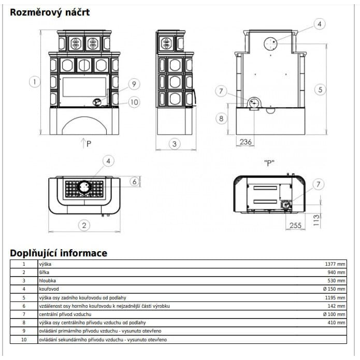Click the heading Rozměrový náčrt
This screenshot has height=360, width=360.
pyautogui.click(x=50, y=12)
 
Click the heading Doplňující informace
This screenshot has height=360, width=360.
pyautogui.click(x=59, y=253)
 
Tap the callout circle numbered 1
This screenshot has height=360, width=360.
pyautogui.click(x=35, y=81)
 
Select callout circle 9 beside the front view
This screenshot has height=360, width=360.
pyautogui.click(x=134, y=84)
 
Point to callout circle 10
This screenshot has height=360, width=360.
pyautogui.click(x=134, y=102)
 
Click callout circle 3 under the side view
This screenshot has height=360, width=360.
pyautogui.click(x=175, y=144)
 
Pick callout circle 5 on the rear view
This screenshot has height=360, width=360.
pyautogui.click(x=320, y=89)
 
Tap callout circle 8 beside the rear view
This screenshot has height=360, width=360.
pyautogui.click(x=221, y=119)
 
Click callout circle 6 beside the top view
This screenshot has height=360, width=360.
pyautogui.click(x=135, y=182)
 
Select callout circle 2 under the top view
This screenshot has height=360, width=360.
pyautogui.click(x=84, y=225)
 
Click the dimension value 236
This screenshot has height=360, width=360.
pyautogui.click(x=246, y=142)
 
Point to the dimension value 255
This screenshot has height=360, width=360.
pyautogui.click(x=295, y=225)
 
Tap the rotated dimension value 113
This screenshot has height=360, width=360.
pyautogui.click(x=316, y=220)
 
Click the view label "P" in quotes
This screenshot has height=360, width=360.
pyautogui.click(x=269, y=163)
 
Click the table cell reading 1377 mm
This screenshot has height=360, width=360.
pyautogui.click(x=335, y=264)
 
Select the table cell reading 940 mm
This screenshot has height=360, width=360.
pyautogui.click(x=336, y=272)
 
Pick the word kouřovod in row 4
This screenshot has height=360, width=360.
pyautogui.click(x=49, y=289)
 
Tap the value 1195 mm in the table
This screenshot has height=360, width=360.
pyautogui.click(x=335, y=298)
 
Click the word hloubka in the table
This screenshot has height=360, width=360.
pyautogui.click(x=47, y=281)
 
